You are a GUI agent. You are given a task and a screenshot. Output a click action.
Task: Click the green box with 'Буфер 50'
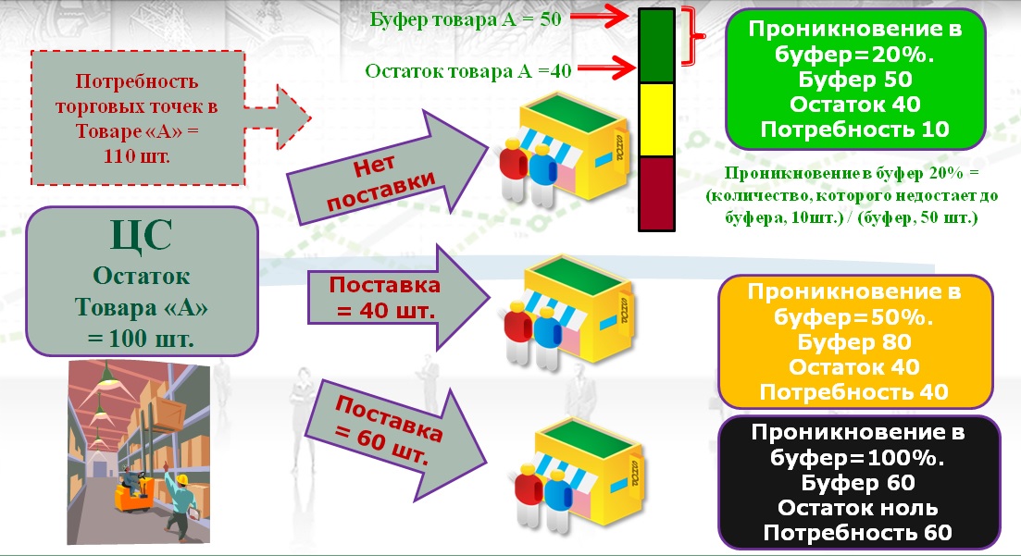tap(854, 80)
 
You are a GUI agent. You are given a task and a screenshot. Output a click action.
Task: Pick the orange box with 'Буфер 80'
tap(854, 342)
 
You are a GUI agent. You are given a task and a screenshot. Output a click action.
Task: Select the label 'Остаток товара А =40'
tap(467, 70)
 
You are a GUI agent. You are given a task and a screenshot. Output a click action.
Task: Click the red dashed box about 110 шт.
tap(138, 117)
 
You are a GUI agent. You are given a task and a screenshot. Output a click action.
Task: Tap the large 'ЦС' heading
tap(141, 235)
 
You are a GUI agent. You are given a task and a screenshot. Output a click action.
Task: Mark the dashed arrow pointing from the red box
tap(292, 115)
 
